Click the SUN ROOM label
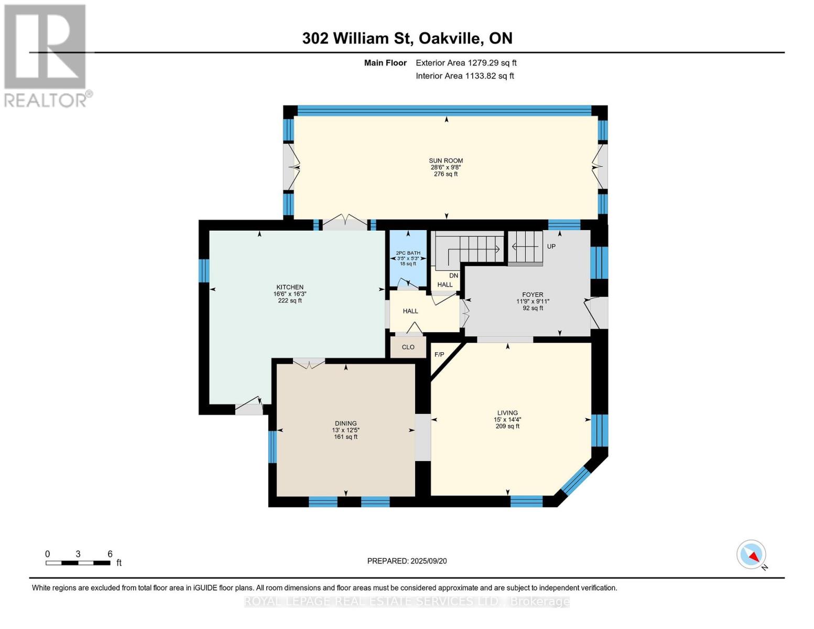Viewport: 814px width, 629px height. tap(446, 161)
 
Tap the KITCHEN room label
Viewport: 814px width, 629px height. tap(290, 287)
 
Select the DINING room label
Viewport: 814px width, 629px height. tap(345, 424)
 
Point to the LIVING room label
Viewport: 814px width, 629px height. tap(507, 413)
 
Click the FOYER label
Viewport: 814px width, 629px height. tap(533, 295)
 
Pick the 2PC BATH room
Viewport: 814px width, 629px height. tap(408, 257)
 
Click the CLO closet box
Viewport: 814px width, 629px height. tap(408, 347)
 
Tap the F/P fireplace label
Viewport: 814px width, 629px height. tap(439, 355)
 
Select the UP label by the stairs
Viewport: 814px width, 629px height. tap(551, 246)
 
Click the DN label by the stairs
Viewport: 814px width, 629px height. tap(453, 276)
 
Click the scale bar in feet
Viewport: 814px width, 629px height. tap(78, 563)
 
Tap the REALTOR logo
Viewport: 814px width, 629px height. tap(46, 56)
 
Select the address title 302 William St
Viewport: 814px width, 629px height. tap(407, 38)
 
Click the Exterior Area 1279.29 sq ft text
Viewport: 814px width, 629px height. tap(466, 63)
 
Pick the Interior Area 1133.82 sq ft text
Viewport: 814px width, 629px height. tap(464, 76)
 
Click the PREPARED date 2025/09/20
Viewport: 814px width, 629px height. tap(407, 561)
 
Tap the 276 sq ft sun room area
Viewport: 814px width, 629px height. tap(446, 174)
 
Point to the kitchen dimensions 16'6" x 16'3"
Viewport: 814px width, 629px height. tap(290, 294)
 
